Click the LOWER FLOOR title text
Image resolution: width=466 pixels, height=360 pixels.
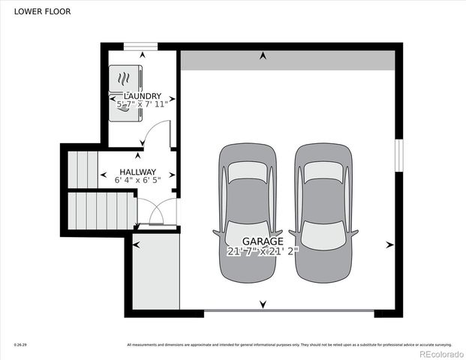[38, 12]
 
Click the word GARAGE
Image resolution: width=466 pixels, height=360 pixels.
[263, 241]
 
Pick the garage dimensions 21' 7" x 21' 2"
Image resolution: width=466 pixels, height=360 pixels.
[263, 252]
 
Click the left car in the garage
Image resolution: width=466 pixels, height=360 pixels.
[247, 211]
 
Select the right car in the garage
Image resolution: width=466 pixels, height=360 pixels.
[323, 211]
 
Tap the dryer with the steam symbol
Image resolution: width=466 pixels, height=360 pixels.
[125, 78]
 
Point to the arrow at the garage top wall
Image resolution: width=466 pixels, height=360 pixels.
[263, 55]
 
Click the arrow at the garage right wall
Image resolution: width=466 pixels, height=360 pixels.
[389, 244]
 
